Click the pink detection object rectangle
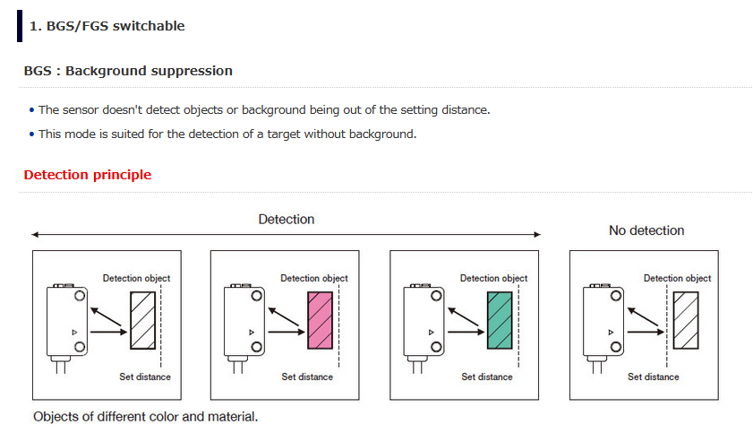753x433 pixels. [x=320, y=320]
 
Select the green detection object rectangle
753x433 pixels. [x=500, y=320]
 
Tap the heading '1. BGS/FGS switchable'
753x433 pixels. [x=107, y=26]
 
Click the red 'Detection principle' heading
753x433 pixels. [x=88, y=175]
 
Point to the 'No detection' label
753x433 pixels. [x=646, y=230]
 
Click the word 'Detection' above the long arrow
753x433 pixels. [x=287, y=219]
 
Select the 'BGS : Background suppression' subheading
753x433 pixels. [x=128, y=71]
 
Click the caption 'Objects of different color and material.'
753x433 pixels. [x=145, y=417]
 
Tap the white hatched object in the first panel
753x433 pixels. [x=142, y=320]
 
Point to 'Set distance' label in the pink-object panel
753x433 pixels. [x=307, y=377]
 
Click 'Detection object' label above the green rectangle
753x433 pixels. [x=494, y=278]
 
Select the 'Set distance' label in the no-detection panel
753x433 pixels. [x=653, y=377]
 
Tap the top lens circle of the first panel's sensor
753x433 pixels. [x=80, y=296]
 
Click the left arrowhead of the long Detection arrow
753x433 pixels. [x=35, y=235]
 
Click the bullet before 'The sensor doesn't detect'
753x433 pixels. [x=31, y=110]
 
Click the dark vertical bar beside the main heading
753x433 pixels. [x=20, y=26]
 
